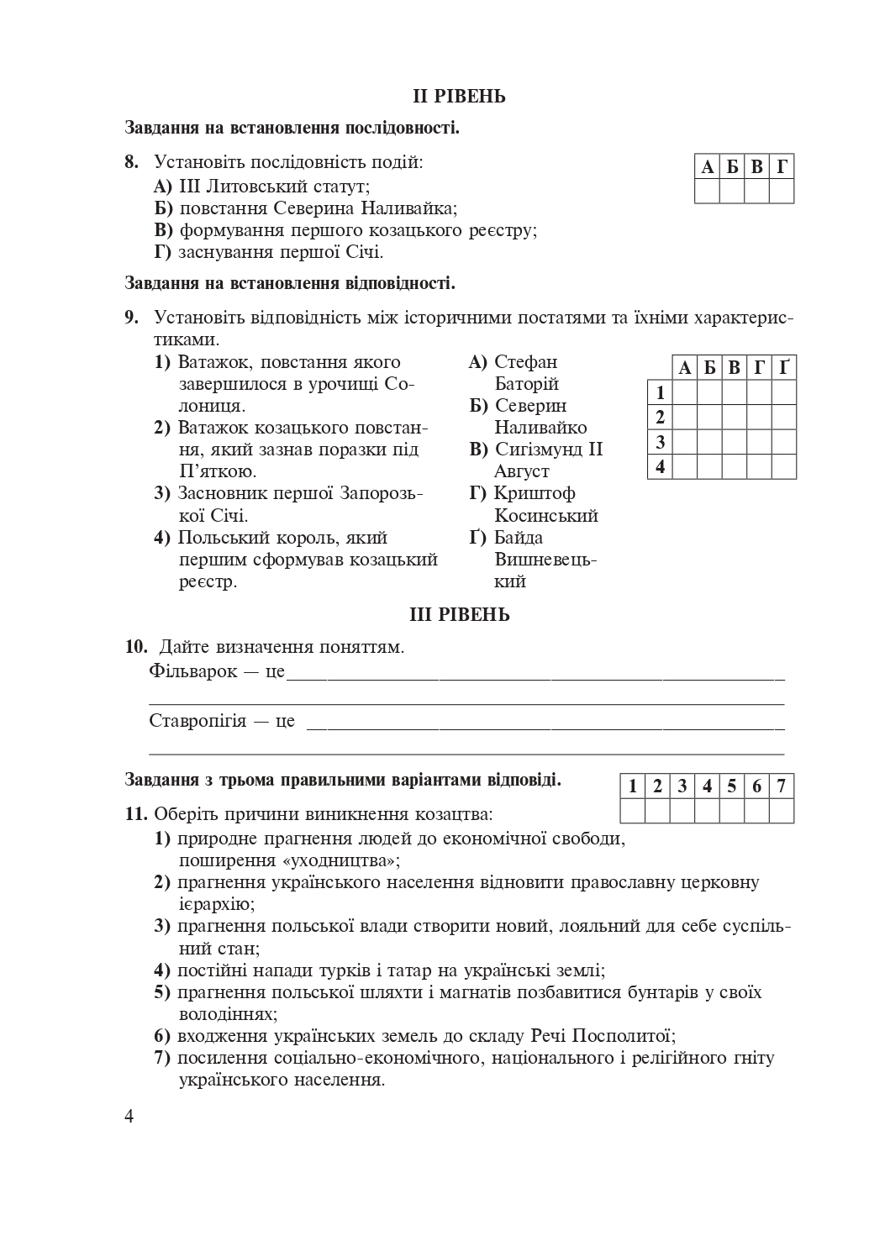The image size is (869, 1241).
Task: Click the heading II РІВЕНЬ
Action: coord(459,97)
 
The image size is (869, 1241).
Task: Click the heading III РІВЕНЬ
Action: coord(459,615)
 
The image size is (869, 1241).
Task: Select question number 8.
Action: coord(132,162)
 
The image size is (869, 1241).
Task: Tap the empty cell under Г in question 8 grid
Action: coord(782,192)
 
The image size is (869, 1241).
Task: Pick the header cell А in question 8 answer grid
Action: coord(708,167)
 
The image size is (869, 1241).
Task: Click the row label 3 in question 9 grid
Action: coord(660,442)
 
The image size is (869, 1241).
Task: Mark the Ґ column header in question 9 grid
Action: coord(784,368)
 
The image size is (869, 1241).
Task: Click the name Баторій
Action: coord(526,384)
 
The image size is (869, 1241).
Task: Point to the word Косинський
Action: coord(545,515)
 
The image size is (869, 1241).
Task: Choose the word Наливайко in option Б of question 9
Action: coord(540,428)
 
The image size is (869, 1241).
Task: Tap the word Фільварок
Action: coord(193,672)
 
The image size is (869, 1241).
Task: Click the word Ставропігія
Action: coord(197,721)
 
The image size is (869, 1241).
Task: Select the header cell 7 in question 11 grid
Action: coord(782,786)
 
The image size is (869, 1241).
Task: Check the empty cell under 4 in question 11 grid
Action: coord(708,811)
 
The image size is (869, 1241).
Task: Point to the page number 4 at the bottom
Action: coord(129,1116)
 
